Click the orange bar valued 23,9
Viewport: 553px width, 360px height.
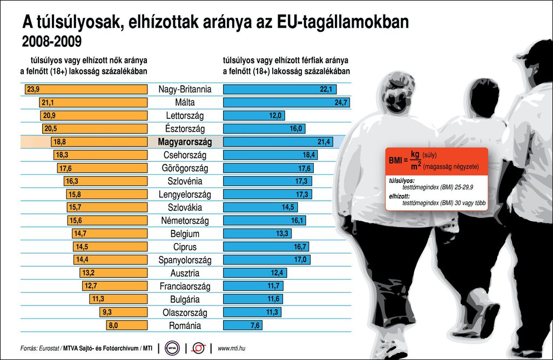[85, 90]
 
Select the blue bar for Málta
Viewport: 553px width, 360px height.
[287, 103]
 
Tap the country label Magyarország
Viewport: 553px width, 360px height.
[185, 142]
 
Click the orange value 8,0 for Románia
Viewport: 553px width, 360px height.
[113, 325]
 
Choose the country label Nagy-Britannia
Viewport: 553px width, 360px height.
[185, 90]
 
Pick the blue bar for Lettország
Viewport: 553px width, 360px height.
[254, 116]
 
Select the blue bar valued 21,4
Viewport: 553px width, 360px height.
[278, 142]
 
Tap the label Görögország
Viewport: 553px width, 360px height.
[185, 168]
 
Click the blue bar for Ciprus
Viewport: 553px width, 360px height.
[266, 247]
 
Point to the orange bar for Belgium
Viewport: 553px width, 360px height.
[110, 234]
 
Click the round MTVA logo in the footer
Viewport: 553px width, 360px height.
[172, 349]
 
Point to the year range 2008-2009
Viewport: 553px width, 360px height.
[52, 42]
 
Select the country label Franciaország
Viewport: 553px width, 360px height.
[185, 286]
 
